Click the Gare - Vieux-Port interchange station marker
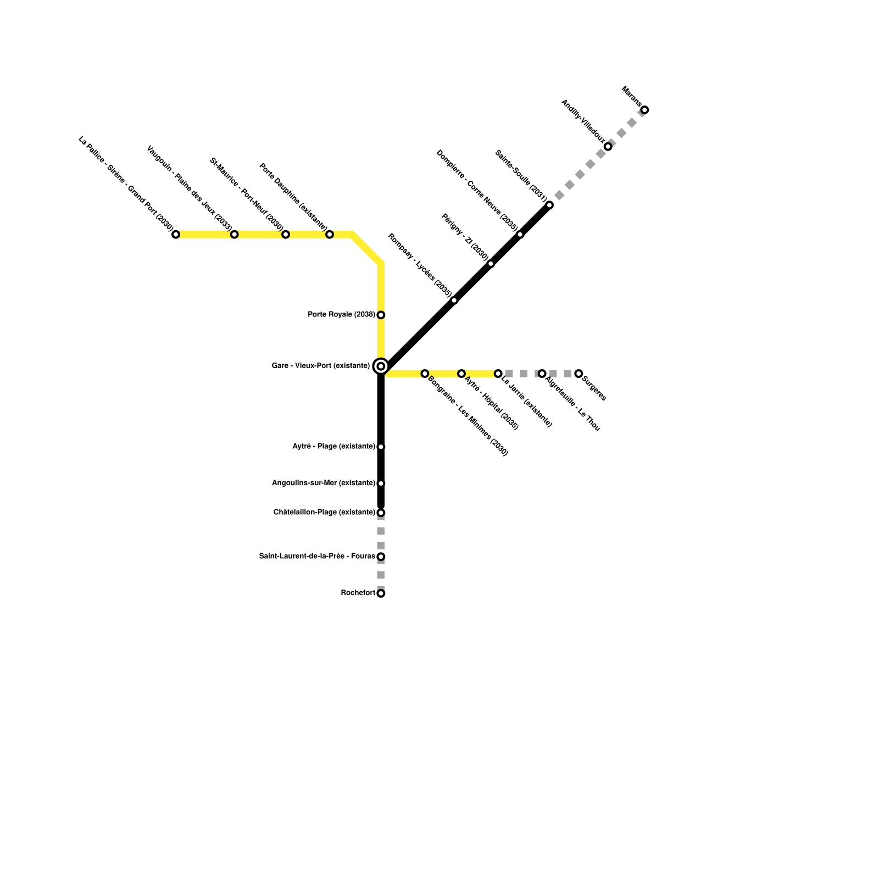pos(381,366)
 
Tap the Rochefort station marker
pos(381,593)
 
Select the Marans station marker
pos(644,110)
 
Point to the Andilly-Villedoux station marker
pos(608,147)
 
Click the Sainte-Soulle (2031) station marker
pos(549,205)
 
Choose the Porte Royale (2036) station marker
pos(381,315)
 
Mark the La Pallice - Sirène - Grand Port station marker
pos(176,235)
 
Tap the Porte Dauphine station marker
pos(330,235)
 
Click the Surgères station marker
pos(578,374)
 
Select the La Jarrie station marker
pos(498,374)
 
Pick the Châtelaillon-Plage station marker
pos(381,513)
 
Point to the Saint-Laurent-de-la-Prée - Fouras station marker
pos(381,557)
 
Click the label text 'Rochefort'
pos(358,593)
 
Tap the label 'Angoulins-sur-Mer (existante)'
pos(324,483)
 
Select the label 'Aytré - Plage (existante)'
pos(334,447)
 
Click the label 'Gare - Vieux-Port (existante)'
pos(321,366)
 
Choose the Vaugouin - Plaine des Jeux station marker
pos(234,235)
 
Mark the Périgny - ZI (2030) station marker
pos(491,264)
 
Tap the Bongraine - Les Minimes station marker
pos(425,374)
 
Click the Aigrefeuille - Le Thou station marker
pos(542,374)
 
